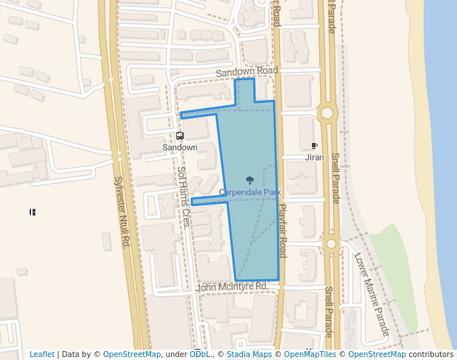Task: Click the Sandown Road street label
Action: click(247, 71)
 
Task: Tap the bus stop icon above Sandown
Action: click(180, 136)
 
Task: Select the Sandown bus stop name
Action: click(180, 147)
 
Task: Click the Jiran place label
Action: click(314, 158)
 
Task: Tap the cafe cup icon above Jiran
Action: click(314, 147)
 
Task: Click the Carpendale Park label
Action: click(250, 193)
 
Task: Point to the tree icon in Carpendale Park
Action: click(250, 180)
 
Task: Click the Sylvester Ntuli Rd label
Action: click(122, 211)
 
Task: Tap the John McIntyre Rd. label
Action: click(233, 287)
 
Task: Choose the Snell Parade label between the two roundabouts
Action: click(335, 178)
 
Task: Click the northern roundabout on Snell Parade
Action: click(326, 113)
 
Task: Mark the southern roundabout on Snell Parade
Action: click(330, 243)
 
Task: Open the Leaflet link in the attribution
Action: click(41, 355)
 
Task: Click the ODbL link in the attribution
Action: click(199, 355)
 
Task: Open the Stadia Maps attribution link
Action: click(248, 355)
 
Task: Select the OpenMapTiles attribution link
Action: click(308, 355)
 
